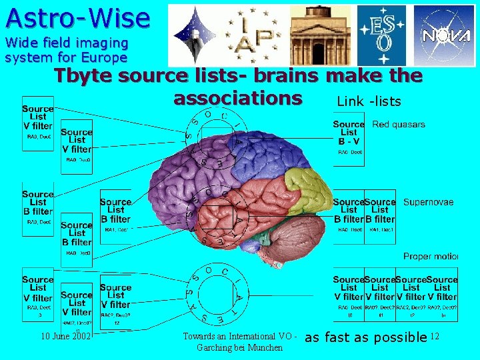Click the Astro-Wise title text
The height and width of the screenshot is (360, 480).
[x=77, y=17]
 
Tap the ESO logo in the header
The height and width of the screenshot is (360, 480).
[x=381, y=35]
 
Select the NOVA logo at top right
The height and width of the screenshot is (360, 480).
[x=445, y=35]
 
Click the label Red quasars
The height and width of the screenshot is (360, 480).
[x=399, y=125]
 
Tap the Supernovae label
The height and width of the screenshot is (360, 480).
[x=428, y=202]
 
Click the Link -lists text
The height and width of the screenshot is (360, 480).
[x=369, y=101]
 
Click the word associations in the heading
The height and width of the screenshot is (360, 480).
[x=237, y=98]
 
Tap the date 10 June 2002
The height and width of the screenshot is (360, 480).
[x=65, y=337]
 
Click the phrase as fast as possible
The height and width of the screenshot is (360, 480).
[x=365, y=337]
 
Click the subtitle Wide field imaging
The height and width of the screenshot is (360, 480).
[x=66, y=43]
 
